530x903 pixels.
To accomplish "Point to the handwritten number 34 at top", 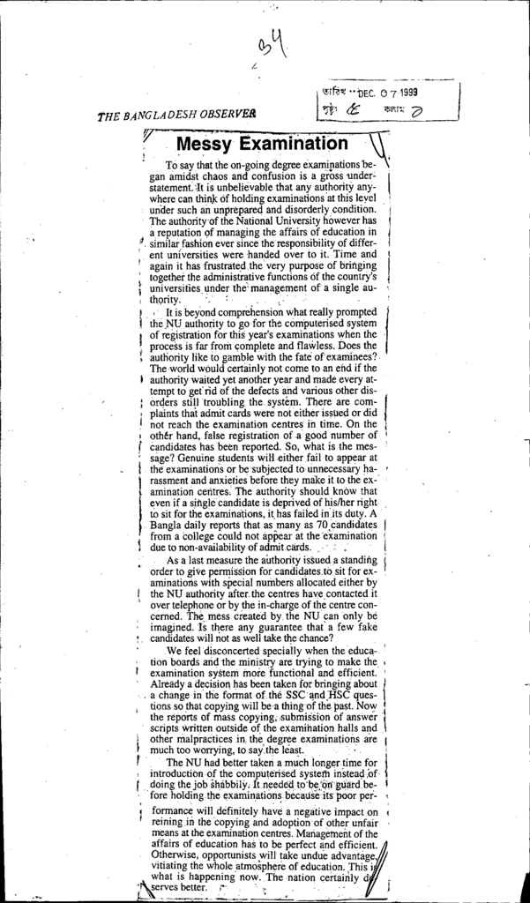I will tap(272, 45).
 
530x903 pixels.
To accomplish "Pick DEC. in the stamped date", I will tap(363, 94).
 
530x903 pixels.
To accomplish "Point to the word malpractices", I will tap(198, 739).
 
